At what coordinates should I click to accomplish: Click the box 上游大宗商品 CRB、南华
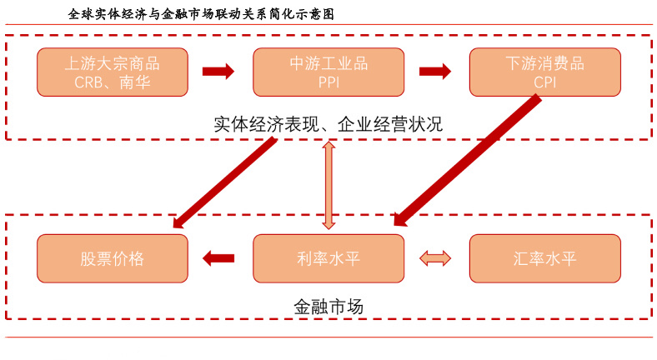(112, 72)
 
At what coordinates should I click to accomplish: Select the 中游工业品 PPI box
(328, 72)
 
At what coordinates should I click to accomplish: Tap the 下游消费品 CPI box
(544, 72)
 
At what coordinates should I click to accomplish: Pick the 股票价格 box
(112, 258)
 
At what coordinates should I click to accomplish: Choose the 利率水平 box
(328, 258)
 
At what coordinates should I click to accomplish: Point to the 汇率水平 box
(544, 258)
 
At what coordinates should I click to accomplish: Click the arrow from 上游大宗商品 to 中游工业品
(219, 72)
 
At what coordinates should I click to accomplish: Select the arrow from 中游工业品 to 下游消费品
(435, 72)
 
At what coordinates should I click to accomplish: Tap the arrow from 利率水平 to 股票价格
(219, 258)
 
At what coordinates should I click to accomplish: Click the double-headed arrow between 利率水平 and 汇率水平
(435, 258)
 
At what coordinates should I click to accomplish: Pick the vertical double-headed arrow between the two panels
(328, 185)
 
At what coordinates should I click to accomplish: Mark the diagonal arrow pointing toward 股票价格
(225, 181)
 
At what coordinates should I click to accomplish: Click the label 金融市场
(328, 306)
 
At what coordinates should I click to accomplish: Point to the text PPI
(328, 82)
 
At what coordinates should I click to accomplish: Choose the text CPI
(544, 82)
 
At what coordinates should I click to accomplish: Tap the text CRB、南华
(112, 82)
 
